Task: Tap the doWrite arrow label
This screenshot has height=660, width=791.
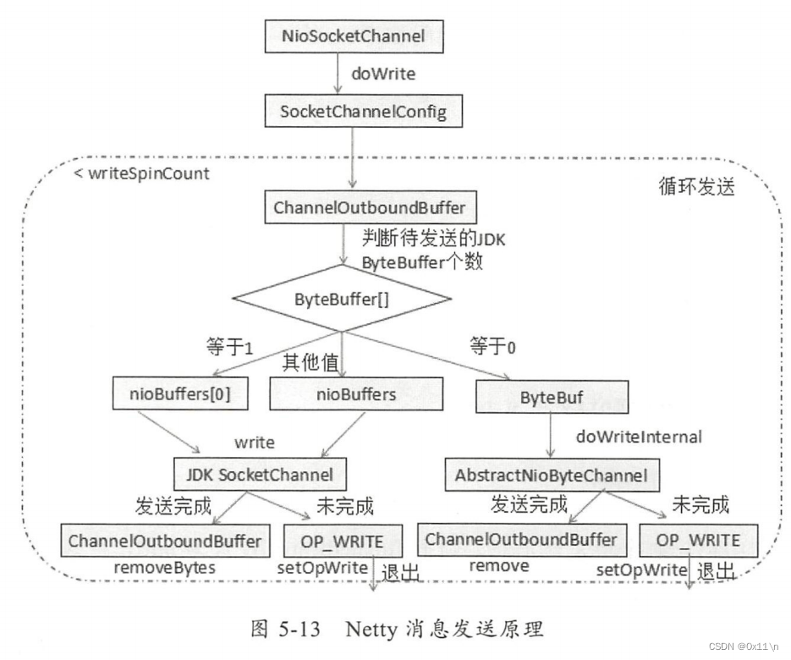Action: (x=383, y=74)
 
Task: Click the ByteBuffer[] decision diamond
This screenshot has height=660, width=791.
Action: (x=341, y=299)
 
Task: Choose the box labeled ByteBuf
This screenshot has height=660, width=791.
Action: (x=552, y=396)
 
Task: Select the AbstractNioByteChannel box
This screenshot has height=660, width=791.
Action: (x=552, y=476)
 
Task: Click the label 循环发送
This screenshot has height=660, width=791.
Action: (x=694, y=186)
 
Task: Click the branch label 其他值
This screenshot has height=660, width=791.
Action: (x=311, y=362)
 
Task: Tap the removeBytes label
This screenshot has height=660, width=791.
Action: (x=165, y=568)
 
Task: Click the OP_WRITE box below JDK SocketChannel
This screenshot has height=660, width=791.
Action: (x=343, y=541)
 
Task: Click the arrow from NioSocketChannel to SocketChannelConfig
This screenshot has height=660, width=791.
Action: (x=338, y=74)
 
